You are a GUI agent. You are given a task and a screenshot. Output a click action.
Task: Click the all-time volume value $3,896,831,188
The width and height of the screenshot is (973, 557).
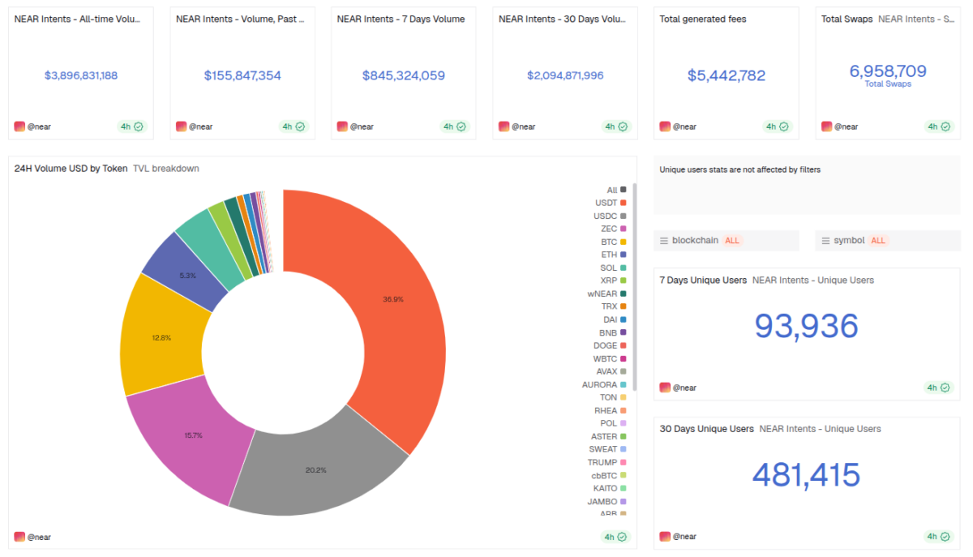click(81, 75)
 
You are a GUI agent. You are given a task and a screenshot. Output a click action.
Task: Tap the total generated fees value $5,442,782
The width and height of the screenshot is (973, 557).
click(727, 75)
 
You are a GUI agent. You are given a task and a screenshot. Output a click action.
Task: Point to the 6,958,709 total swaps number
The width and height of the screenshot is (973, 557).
click(888, 71)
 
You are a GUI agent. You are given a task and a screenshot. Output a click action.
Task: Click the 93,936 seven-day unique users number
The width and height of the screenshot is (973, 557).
click(806, 326)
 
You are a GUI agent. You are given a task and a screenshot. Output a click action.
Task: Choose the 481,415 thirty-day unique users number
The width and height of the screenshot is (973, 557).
click(806, 475)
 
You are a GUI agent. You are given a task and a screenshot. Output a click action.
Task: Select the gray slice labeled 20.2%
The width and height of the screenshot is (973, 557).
click(316, 470)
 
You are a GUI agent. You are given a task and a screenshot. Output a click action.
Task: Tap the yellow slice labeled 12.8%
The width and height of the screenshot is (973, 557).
click(161, 337)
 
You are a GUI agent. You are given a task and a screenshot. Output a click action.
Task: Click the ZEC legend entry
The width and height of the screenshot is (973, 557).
click(609, 229)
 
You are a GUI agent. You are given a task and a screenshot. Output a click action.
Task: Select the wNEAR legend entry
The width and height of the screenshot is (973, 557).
click(602, 293)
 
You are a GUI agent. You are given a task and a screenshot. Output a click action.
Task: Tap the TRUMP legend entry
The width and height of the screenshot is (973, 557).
click(602, 462)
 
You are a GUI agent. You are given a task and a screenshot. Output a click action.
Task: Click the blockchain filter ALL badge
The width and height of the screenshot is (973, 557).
click(732, 241)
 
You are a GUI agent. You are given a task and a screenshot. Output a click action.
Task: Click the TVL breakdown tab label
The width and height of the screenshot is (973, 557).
click(166, 169)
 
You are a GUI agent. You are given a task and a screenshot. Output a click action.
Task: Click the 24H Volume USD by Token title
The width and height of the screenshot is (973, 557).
click(71, 169)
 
